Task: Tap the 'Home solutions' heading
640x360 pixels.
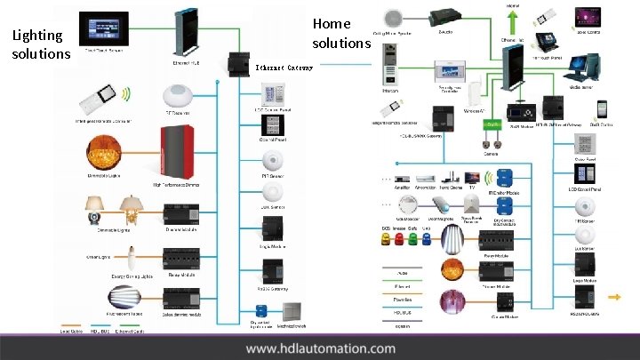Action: (340, 33)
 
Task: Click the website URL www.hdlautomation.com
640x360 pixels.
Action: (320, 348)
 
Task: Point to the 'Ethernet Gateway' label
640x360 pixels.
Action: (284, 67)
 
